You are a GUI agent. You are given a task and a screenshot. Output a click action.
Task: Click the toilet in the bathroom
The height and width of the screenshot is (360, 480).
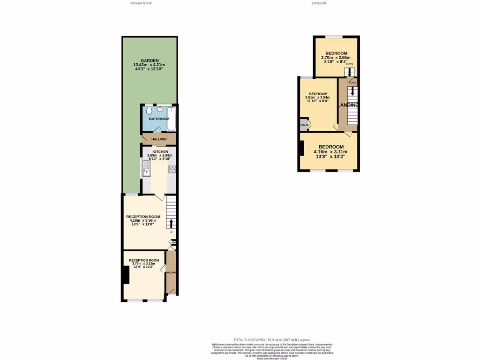149,111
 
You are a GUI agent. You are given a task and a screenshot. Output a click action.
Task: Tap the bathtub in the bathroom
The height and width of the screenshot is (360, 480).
171,119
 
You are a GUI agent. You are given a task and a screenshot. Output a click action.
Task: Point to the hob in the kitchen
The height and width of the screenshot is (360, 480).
172,169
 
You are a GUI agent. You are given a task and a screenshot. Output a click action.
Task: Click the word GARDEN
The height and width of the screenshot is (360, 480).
150,60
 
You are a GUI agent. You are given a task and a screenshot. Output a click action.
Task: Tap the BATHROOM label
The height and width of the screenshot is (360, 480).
159,119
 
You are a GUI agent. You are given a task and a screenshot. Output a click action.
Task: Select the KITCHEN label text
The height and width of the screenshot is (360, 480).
160,152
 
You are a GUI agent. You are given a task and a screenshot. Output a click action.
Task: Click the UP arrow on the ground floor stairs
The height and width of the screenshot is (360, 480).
171,224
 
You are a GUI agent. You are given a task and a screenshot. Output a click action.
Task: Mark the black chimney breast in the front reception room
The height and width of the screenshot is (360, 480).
126,275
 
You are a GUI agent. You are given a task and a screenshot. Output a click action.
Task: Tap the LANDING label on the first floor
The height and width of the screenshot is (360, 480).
348,105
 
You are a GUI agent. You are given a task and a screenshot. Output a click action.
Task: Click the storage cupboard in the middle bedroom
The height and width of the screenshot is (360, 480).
304,125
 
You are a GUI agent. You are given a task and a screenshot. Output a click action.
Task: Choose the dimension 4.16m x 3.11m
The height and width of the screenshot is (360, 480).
331,152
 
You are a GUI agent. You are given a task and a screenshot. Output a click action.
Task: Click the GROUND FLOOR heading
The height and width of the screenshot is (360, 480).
141,3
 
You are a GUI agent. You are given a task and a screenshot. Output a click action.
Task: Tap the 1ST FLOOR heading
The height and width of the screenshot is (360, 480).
319,3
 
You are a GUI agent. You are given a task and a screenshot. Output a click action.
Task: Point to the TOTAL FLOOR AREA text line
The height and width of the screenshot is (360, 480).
272,340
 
